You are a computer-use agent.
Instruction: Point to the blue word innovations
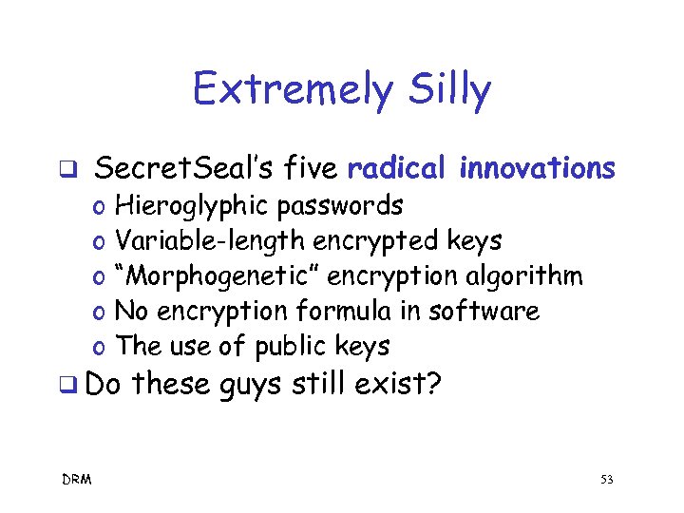pos(538,169)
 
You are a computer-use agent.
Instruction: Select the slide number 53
pos(607,480)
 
